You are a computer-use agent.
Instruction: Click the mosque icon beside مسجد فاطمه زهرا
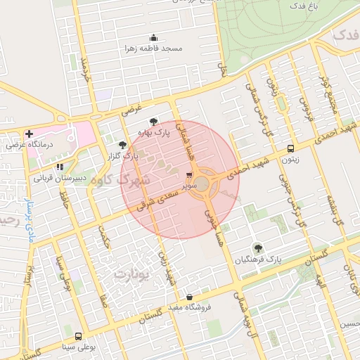pyautogui.click(x=153, y=38)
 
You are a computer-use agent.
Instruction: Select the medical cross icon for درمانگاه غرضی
pyautogui.click(x=29, y=134)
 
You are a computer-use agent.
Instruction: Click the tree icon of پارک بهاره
pyautogui.click(x=153, y=121)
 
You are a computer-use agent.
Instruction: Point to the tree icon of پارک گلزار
pyautogui.click(x=122, y=145)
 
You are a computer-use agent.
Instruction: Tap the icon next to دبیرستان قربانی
pyautogui.click(x=60, y=167)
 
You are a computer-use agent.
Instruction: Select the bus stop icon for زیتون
pyautogui.click(x=290, y=148)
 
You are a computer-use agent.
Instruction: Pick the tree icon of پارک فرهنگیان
pyautogui.click(x=257, y=247)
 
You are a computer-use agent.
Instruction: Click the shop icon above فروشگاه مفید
pyautogui.click(x=189, y=297)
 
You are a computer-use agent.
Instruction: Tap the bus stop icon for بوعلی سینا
pyautogui.click(x=77, y=336)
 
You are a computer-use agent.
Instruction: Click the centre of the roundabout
pyautogui.click(x=202, y=184)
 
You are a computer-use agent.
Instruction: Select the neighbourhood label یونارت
pyautogui.click(x=131, y=274)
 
